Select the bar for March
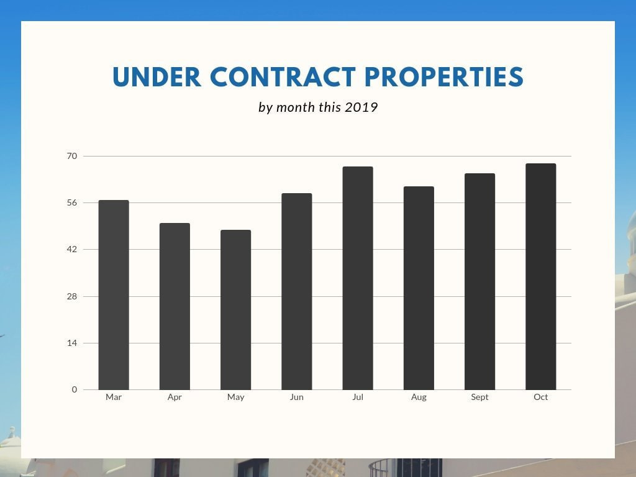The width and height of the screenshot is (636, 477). tap(114, 295)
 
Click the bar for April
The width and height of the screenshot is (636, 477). tap(175, 306)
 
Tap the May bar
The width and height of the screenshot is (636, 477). tap(235, 310)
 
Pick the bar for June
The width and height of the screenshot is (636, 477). tap(296, 291)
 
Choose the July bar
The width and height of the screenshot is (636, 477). tap(358, 278)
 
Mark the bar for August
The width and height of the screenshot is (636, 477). tap(419, 288)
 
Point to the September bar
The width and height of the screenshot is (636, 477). tap(479, 281)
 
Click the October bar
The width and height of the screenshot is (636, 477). tap(540, 276)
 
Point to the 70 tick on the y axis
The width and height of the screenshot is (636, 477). tap(72, 156)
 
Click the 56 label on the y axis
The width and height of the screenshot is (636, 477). tap(72, 202)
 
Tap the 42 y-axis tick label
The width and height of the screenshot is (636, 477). tap(72, 249)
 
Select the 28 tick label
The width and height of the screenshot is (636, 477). tap(72, 296)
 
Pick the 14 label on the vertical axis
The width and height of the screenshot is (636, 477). tap(72, 343)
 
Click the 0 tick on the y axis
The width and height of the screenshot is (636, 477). tap(75, 389)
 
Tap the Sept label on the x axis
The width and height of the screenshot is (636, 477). tap(479, 397)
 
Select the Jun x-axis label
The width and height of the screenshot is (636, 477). tap(296, 397)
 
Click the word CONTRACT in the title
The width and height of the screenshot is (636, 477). tap(283, 77)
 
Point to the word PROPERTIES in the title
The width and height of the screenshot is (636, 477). tap(444, 77)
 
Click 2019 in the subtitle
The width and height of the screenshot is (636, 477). tap(361, 107)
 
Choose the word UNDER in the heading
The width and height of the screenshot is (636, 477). tap(157, 77)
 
